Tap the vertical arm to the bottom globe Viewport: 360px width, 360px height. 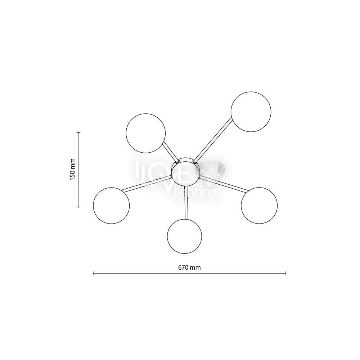pyautogui.click(x=186, y=202)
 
